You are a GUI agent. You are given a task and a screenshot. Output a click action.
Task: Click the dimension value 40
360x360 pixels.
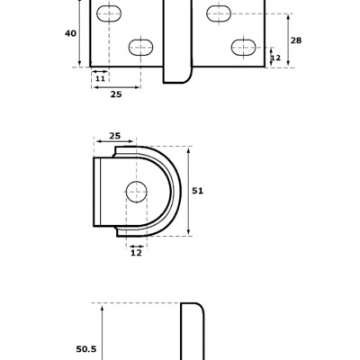click(x=70, y=33)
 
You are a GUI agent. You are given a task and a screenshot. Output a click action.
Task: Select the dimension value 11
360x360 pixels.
click(x=99, y=79)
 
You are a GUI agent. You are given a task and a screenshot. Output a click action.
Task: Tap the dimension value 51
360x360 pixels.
click(x=198, y=191)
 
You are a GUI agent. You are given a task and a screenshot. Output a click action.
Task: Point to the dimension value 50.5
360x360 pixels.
click(x=85, y=349)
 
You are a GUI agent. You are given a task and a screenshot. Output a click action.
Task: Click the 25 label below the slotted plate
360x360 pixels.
click(x=116, y=94)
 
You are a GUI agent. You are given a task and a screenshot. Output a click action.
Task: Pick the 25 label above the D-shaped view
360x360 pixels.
click(x=115, y=136)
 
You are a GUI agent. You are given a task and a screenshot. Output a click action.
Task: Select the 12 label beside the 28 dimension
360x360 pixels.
click(x=275, y=58)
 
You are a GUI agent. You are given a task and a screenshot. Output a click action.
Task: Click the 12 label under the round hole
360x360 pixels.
click(x=136, y=253)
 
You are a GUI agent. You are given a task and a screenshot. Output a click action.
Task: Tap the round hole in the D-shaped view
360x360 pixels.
click(x=136, y=191)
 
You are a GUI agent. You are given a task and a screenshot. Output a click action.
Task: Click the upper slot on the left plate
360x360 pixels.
click(x=109, y=13)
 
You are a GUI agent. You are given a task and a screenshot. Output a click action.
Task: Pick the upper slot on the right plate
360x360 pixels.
click(x=219, y=13)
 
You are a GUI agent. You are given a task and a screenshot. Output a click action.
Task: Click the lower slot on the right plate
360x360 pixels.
click(x=243, y=47)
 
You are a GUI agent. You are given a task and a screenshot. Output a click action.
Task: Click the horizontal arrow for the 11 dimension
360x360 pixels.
click(x=99, y=71)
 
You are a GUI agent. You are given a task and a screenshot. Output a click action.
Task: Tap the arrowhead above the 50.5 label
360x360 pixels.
click(x=103, y=308)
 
